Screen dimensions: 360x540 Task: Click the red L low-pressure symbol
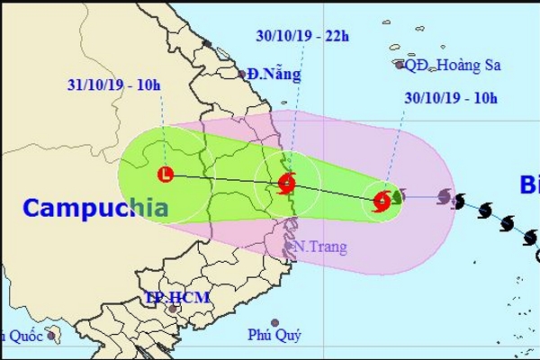tap(165, 174)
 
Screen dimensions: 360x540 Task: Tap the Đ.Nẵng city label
tap(274, 76)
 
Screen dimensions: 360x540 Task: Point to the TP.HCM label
tap(176, 299)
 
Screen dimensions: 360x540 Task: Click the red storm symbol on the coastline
tap(287, 185)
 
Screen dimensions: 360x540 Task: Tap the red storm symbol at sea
tap(382, 200)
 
